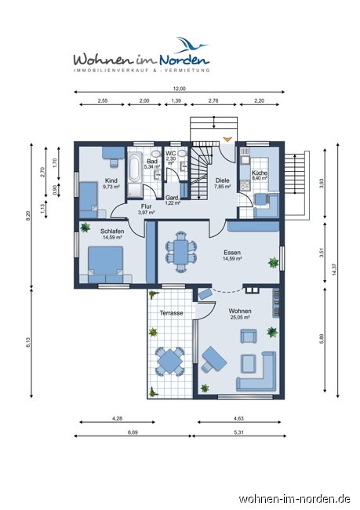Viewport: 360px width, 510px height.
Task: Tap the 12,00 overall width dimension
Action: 180,89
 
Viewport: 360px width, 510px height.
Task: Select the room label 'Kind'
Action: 111,180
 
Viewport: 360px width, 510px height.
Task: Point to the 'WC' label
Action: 170,153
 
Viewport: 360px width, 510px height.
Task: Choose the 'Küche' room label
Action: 260,173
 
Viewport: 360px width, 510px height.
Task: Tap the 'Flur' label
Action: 146,206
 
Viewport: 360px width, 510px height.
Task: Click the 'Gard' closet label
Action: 172,198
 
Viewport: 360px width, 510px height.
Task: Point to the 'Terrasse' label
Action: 171,313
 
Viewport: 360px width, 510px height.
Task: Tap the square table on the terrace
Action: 170,361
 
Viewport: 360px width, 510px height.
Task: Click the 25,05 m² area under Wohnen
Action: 240,317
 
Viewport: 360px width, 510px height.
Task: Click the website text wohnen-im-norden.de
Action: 294,498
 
